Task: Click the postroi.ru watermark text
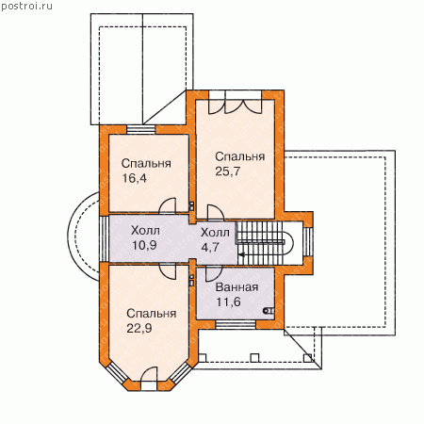tap(26, 6)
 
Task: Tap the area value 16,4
tap(134, 178)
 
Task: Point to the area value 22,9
tap(139, 328)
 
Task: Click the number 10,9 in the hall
tap(144, 245)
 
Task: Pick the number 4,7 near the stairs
tap(210, 247)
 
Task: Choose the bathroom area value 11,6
tap(228, 302)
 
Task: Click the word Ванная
tap(237, 287)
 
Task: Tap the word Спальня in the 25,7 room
tap(240, 156)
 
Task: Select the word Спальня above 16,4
tap(146, 163)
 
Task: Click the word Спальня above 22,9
tap(152, 314)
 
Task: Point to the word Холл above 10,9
tap(145, 231)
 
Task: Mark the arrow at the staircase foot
tap(241, 254)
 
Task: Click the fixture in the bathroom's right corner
tap(269, 311)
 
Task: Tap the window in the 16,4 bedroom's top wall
tap(141, 130)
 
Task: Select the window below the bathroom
tap(236, 325)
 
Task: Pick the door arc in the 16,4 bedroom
tap(167, 205)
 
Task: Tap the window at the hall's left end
tap(104, 238)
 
